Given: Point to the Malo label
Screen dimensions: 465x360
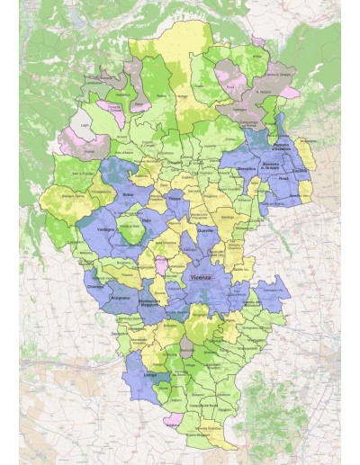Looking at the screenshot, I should pos(147,219).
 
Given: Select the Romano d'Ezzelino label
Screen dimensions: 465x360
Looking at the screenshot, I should pos(280,146).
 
